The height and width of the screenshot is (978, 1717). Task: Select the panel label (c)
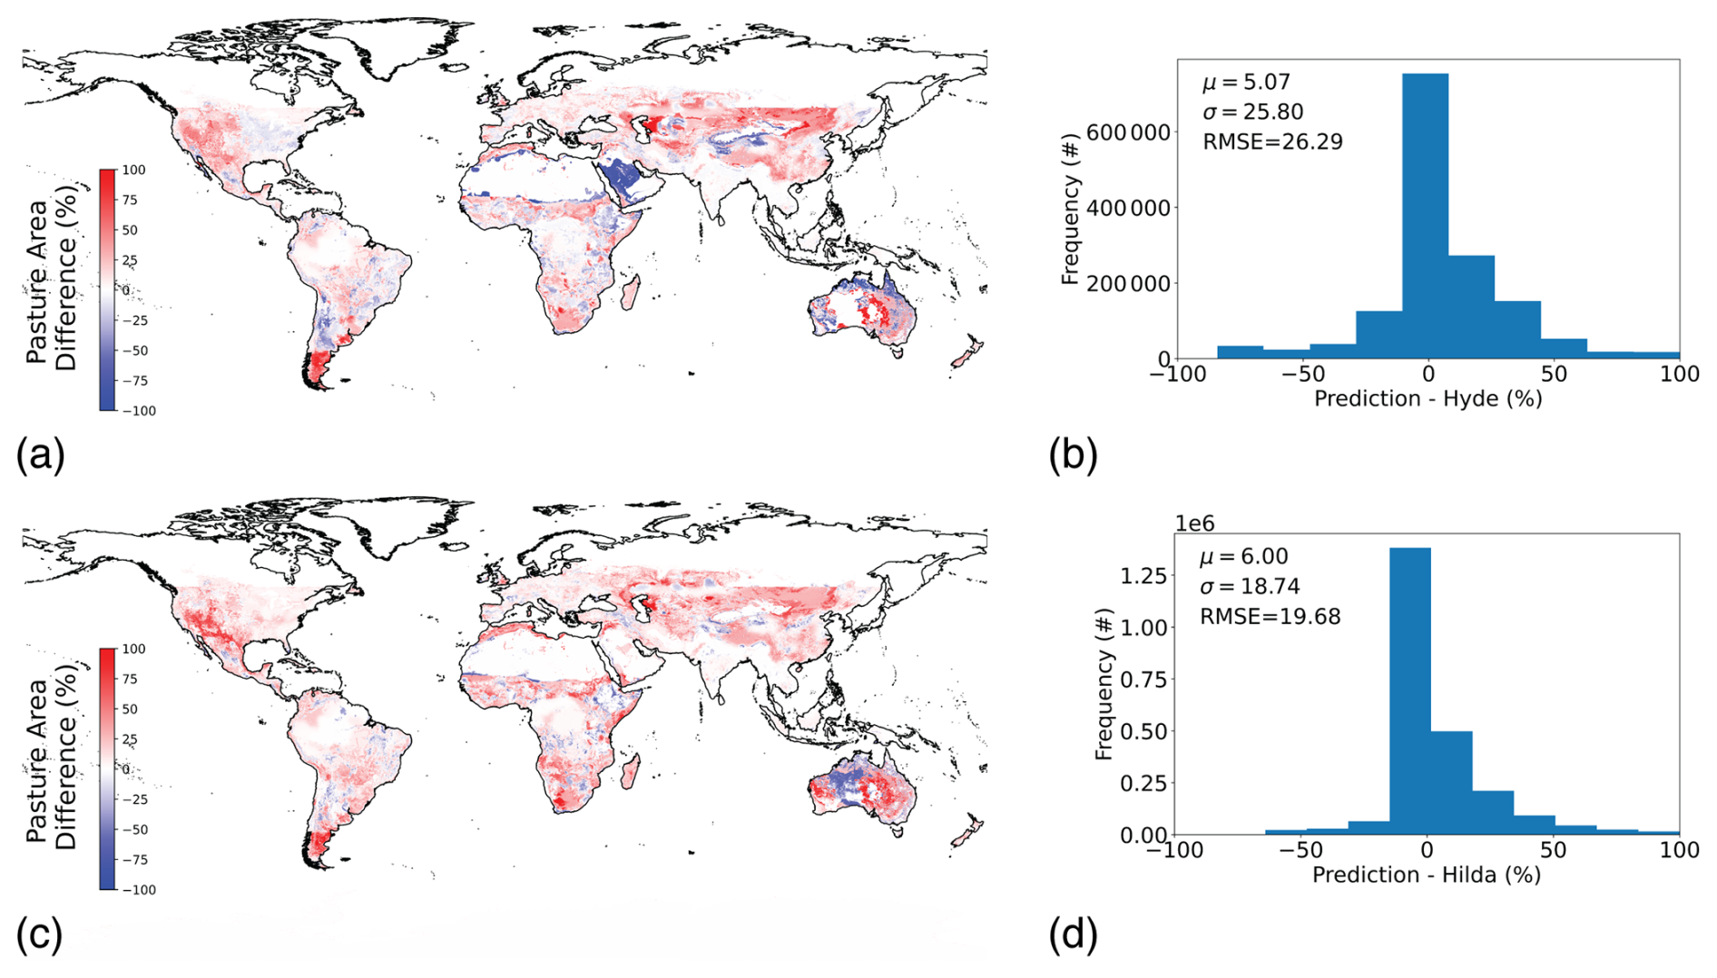(x=40, y=934)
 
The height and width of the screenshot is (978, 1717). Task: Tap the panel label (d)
(x=1073, y=934)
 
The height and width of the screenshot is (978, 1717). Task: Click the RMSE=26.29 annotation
(x=1272, y=142)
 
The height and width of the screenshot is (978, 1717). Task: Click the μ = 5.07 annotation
(x=1246, y=83)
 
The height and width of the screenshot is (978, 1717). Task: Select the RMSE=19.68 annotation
(x=1270, y=617)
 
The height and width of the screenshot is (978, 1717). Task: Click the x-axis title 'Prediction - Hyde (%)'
(x=1428, y=399)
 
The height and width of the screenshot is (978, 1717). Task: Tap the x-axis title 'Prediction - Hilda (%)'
(x=1426, y=875)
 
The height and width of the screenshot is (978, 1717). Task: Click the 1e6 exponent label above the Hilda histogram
(x=1194, y=523)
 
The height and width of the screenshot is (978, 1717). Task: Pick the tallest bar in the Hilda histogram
(x=1410, y=689)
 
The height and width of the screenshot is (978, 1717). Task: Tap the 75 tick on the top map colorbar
(x=131, y=200)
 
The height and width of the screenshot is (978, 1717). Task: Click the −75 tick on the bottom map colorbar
(x=136, y=860)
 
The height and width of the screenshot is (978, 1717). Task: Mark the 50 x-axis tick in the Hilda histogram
(x=1553, y=850)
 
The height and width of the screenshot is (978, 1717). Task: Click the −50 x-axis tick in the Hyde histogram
(x=1303, y=374)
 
